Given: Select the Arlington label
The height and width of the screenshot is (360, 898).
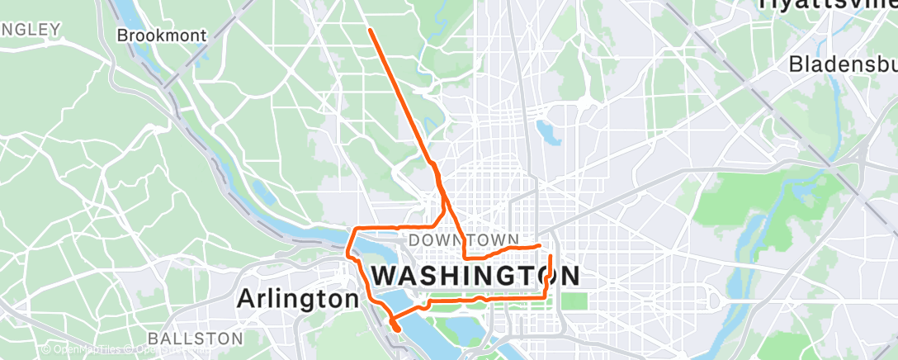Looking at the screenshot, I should click(298, 298).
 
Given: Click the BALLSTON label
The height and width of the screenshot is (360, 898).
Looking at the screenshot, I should click(196, 339).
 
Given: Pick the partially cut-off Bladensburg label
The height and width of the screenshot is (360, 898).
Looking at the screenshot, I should click(843, 64).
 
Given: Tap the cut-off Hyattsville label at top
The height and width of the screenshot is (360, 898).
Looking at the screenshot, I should click(826, 5).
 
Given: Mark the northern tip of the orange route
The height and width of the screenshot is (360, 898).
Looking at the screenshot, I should click(370, 30).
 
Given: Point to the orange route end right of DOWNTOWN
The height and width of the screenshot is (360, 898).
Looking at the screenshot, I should click(539, 245).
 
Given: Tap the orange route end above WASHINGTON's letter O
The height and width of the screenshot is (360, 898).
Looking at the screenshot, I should click(551, 257).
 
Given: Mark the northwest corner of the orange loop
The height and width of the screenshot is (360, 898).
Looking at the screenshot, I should click(356, 228).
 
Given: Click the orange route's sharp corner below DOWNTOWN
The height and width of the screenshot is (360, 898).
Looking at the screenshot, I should click(466, 257).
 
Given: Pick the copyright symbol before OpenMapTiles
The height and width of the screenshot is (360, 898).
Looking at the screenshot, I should click(45, 350).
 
